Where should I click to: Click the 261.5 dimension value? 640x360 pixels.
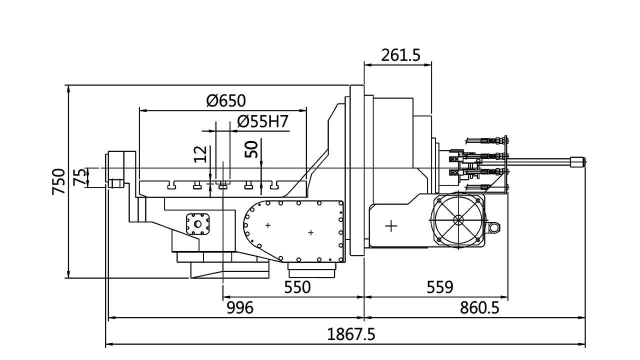click(400, 55)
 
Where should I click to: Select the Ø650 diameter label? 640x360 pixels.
click(226, 101)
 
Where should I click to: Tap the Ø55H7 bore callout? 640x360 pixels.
click(263, 122)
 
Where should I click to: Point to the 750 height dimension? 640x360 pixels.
click(58, 181)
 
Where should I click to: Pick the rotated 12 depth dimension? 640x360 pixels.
click(200, 154)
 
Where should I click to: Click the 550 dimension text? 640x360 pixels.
click(297, 287)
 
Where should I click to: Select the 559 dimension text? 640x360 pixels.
click(439, 287)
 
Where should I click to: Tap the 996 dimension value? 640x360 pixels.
click(240, 308)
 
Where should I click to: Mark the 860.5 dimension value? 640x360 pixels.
click(479, 308)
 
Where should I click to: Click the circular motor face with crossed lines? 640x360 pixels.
click(458, 220)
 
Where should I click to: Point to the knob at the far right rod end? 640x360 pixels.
click(578, 161)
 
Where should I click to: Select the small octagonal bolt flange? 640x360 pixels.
click(197, 224)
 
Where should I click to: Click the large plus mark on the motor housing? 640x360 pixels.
click(391, 226)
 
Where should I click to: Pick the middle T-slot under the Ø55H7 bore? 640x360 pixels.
click(223, 186)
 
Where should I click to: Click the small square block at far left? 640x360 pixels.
click(116, 183)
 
